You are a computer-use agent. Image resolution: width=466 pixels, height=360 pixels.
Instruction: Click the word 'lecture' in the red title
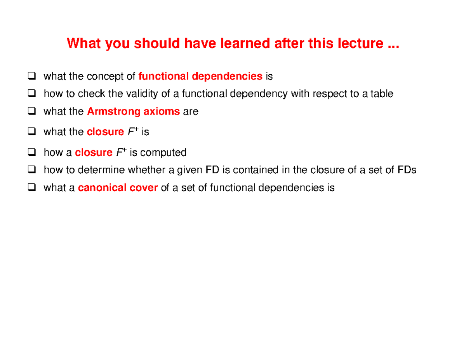pos(362,43)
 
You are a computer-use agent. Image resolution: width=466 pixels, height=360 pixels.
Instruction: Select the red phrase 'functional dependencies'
pos(200,77)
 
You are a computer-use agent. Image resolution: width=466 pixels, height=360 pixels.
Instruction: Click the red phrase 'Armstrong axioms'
pos(133,112)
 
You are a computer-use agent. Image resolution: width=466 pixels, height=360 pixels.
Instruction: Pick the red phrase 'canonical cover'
pos(118,188)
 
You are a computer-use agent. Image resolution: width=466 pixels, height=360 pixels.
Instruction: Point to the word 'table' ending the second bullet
pos(382,94)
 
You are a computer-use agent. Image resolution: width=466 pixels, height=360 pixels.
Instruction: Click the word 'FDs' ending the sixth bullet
pos(407,170)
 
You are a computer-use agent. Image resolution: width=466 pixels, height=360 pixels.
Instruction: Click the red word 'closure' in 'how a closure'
pos(94,153)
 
